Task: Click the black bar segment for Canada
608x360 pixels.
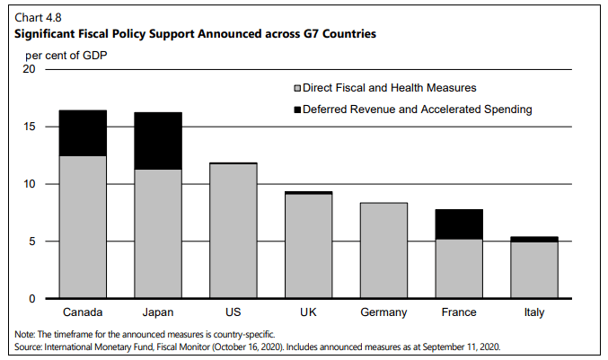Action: (x=83, y=133)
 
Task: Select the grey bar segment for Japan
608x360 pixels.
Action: (x=158, y=233)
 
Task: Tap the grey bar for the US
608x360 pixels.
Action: (x=234, y=231)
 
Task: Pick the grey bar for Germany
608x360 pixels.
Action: (x=383, y=250)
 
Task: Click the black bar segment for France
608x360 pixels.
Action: (x=459, y=224)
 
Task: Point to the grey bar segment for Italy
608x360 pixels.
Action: (x=534, y=270)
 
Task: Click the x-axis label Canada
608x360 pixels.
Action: (x=83, y=312)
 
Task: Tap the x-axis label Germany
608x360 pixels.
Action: (x=383, y=312)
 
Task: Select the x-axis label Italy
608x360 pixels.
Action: (x=534, y=312)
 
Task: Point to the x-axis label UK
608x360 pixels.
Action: (x=308, y=312)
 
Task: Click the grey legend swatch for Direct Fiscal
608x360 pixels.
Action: (x=297, y=88)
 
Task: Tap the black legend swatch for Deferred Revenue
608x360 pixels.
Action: (x=297, y=110)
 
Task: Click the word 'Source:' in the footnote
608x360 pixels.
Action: (x=30, y=345)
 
